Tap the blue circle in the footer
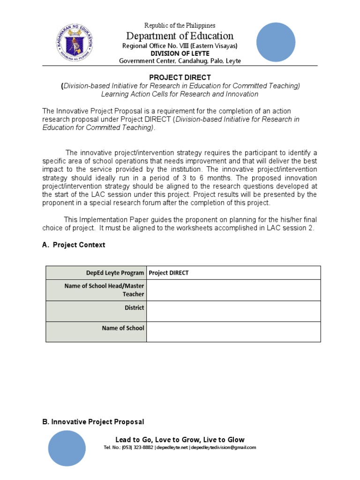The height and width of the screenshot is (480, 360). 67,448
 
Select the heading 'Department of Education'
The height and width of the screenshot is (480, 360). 180,36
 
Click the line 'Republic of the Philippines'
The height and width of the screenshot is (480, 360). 180,25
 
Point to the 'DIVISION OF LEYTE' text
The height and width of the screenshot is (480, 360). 180,53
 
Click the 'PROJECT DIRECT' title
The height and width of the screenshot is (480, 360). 180,77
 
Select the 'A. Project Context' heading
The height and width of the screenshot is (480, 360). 74,245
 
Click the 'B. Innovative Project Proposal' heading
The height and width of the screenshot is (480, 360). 93,422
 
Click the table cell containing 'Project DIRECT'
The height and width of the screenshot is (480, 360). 233,273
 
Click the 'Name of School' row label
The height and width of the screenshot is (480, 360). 123,328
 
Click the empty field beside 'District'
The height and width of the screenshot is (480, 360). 233,311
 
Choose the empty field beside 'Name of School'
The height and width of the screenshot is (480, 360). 233,331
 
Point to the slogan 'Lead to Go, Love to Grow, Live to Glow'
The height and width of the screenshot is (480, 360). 180,440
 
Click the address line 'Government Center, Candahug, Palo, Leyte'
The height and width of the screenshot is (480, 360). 180,61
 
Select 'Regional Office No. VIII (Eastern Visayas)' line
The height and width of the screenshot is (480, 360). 180,46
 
